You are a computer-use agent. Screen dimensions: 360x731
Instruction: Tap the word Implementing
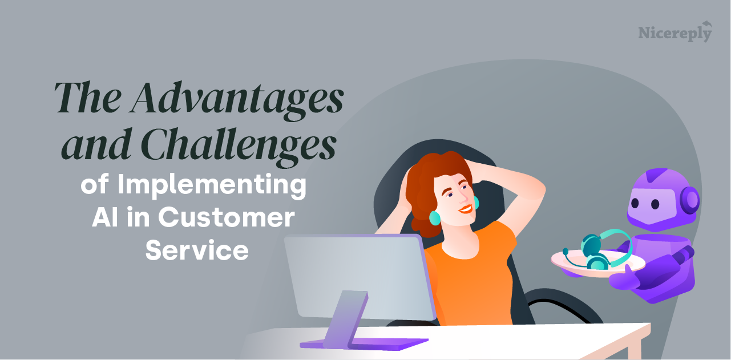(212, 187)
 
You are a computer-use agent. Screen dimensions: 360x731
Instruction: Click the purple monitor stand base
(365, 343)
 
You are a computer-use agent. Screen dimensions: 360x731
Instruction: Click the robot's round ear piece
(691, 200)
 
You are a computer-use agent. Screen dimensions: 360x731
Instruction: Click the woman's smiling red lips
(466, 209)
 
